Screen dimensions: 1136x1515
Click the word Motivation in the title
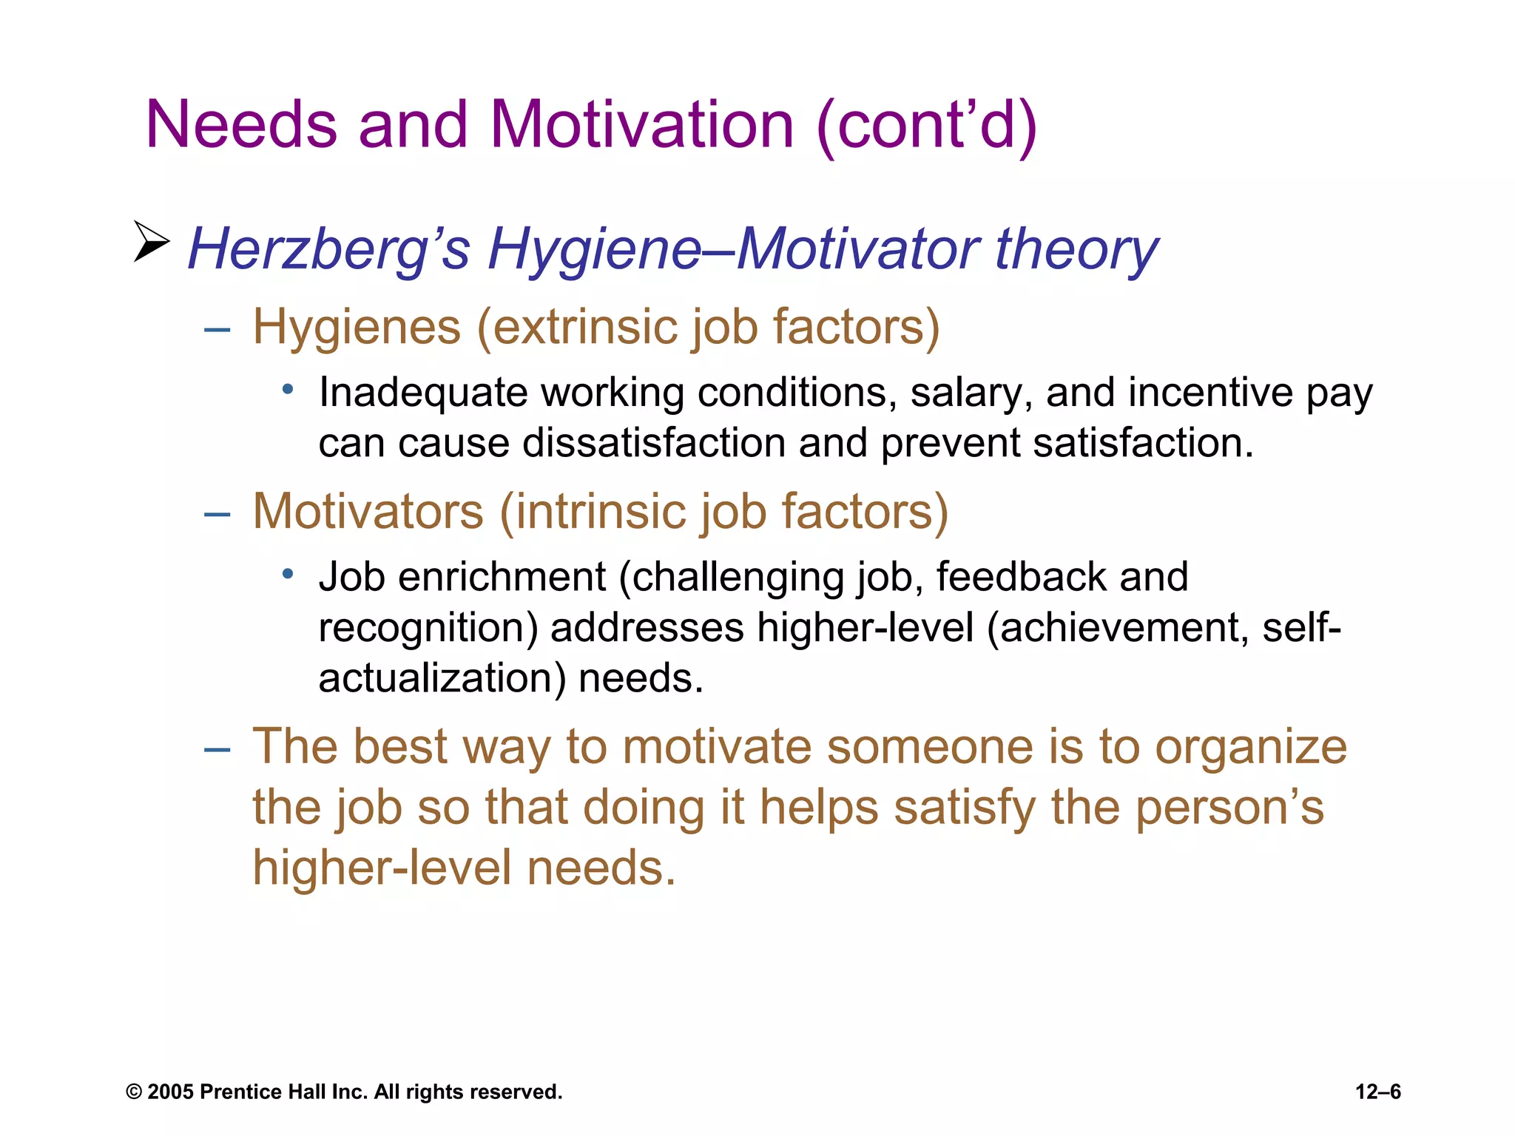click(x=641, y=124)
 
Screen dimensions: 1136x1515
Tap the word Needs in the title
click(x=242, y=124)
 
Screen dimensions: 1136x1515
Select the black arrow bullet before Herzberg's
click(x=151, y=241)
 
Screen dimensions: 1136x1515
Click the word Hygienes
click(x=357, y=327)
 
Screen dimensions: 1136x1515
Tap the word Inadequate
click(x=422, y=392)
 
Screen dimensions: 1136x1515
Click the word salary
click(x=971, y=392)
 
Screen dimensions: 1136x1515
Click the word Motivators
click(x=368, y=511)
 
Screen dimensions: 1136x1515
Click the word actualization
click(x=441, y=678)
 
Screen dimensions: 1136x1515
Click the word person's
click(x=1229, y=807)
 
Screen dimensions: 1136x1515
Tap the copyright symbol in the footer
click(x=134, y=1092)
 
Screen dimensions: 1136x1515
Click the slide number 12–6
click(x=1377, y=1092)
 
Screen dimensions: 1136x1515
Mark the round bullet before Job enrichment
click(x=289, y=573)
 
